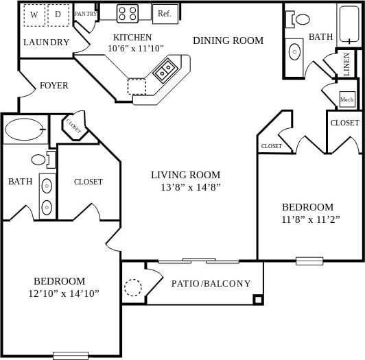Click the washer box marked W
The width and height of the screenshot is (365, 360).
click(34, 15)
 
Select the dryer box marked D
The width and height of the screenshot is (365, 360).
click(58, 15)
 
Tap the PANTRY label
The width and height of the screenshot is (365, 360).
click(86, 14)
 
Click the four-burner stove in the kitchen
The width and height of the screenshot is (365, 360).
click(127, 12)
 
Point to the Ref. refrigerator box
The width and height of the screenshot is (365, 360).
click(165, 13)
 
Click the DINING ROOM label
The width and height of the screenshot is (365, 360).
click(228, 40)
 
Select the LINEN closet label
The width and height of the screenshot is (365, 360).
click(346, 64)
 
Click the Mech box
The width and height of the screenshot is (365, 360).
click(347, 100)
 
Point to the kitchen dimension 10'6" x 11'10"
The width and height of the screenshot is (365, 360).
click(136, 49)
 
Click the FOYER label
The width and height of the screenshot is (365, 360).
click(54, 86)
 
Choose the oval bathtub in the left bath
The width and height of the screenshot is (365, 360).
click(24, 129)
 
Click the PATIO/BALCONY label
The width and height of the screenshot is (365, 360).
click(211, 283)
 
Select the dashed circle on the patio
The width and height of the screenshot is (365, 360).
click(132, 287)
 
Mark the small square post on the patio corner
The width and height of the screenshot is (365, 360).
click(258, 299)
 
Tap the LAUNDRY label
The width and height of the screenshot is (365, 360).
click(46, 43)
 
